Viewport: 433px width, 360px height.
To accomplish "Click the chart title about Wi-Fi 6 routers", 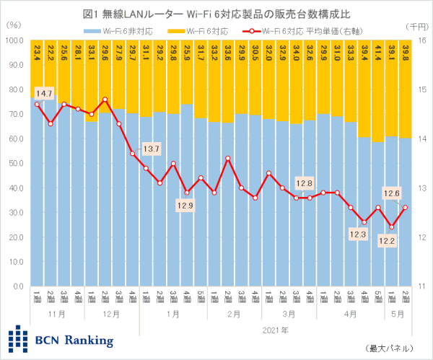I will click(x=216, y=12).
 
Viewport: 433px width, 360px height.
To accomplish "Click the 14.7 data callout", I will click(x=45, y=94).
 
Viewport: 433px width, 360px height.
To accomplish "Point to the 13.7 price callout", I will click(x=152, y=149).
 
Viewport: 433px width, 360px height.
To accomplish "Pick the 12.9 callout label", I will click(x=186, y=206).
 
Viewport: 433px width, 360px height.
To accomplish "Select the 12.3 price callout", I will click(x=359, y=234).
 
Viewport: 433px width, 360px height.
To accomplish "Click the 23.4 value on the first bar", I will click(x=37, y=53).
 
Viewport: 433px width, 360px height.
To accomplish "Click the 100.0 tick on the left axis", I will click(x=14, y=40).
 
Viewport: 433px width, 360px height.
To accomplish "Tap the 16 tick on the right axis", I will click(x=420, y=40).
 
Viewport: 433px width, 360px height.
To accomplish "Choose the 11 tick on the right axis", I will click(x=420, y=286).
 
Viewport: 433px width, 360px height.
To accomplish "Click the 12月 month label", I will click(x=112, y=315).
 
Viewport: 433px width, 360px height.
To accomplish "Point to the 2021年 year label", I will click(x=275, y=330).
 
